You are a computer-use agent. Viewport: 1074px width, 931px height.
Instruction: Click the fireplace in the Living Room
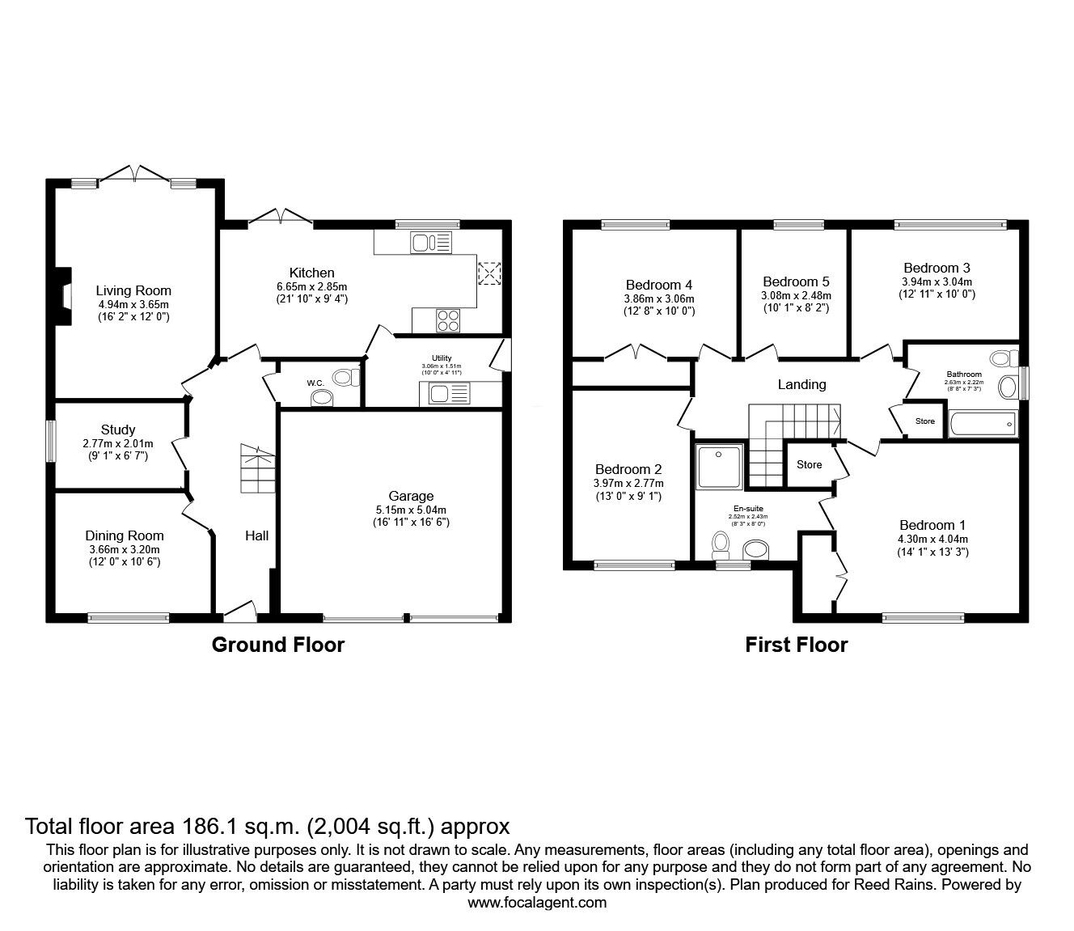[62, 290]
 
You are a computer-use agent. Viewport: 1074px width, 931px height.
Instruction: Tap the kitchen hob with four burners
[447, 320]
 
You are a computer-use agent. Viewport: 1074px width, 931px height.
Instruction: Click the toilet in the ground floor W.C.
[347, 376]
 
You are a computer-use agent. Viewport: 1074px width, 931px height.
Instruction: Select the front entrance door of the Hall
[239, 612]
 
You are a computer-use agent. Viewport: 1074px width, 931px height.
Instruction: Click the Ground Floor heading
[277, 645]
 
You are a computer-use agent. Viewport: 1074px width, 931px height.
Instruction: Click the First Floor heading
[796, 645]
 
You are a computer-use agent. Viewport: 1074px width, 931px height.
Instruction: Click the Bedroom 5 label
[796, 281]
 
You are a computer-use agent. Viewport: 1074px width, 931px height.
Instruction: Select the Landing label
[801, 384]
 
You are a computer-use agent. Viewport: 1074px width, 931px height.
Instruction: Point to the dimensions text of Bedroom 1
[932, 546]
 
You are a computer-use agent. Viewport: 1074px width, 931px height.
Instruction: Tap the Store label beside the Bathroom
[924, 421]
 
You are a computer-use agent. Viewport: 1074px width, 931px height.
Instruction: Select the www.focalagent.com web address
[536, 903]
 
